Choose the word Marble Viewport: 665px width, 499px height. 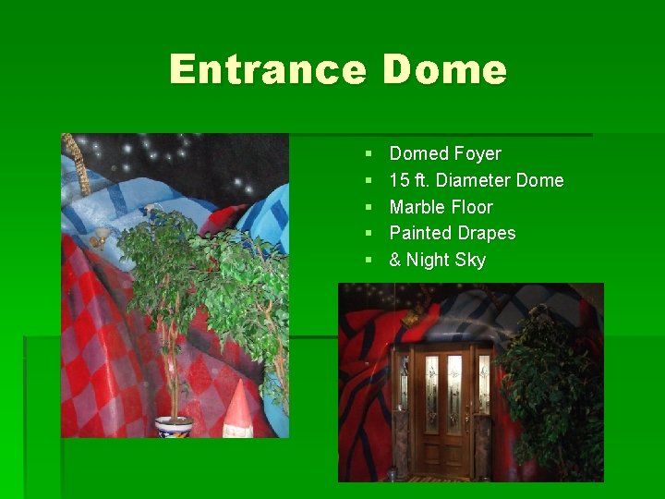point(417,207)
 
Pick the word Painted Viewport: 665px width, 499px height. point(420,233)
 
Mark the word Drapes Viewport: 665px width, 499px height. point(487,233)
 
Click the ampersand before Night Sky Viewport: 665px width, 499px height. point(395,260)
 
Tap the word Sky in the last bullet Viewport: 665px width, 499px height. point(469,261)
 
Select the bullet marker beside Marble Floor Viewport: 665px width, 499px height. point(369,207)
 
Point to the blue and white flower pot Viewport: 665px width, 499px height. point(174,426)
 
